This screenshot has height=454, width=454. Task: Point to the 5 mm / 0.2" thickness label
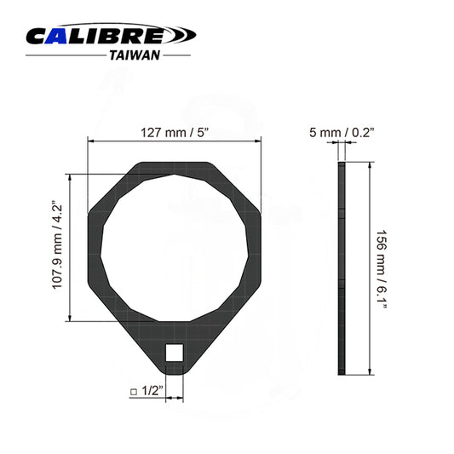pyautogui.click(x=343, y=132)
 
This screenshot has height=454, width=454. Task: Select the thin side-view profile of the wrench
pyautogui.click(x=342, y=268)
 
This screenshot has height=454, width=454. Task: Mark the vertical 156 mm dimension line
pyautogui.click(x=369, y=268)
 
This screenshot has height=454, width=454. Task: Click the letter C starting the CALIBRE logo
pyautogui.click(x=39, y=35)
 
